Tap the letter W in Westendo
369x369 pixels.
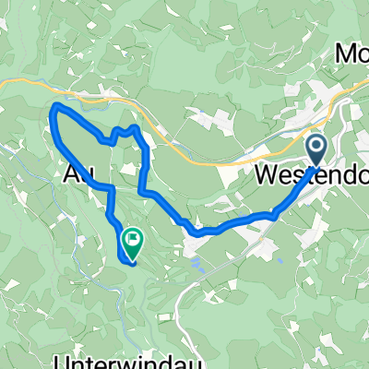click(264, 175)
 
